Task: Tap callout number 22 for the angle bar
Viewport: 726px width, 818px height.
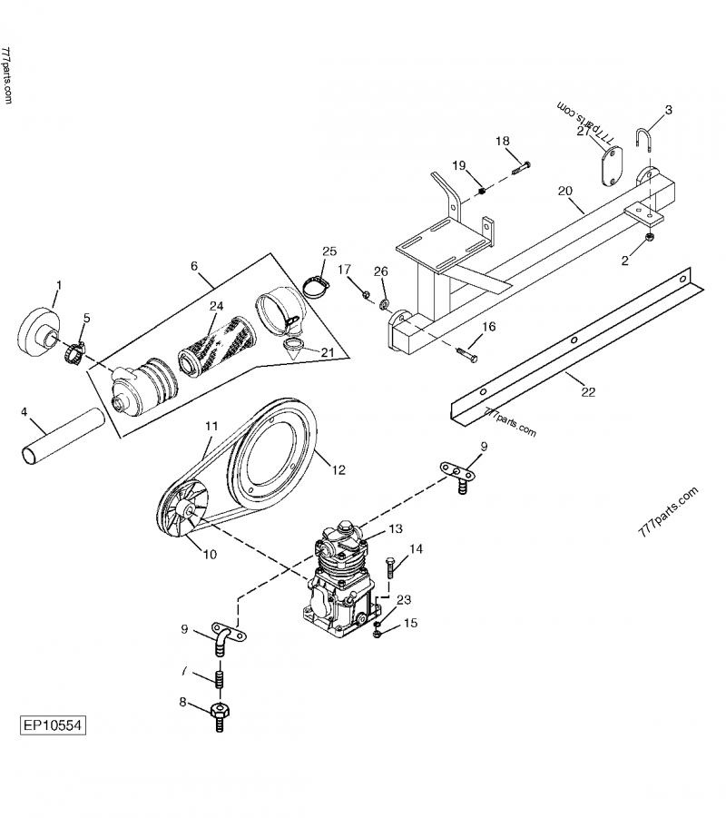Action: tap(588, 392)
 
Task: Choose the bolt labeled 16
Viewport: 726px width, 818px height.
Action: tap(466, 352)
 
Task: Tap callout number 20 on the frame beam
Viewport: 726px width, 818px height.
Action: tap(564, 192)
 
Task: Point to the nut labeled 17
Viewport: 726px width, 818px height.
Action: tap(363, 294)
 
